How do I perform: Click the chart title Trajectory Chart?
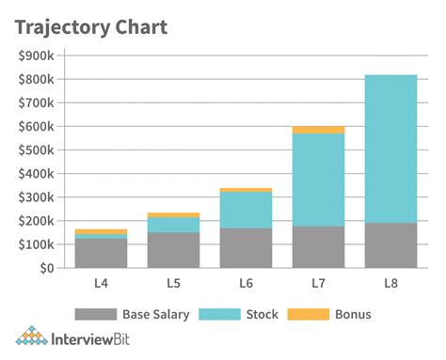91,26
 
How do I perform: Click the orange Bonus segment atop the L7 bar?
317,130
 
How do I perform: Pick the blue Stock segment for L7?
317,180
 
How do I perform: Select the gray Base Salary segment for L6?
246,248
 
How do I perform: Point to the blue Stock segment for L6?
246,210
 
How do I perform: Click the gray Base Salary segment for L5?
173,250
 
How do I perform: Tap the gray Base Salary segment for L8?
390,245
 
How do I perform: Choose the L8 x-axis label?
390,282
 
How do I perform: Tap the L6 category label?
246,282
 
